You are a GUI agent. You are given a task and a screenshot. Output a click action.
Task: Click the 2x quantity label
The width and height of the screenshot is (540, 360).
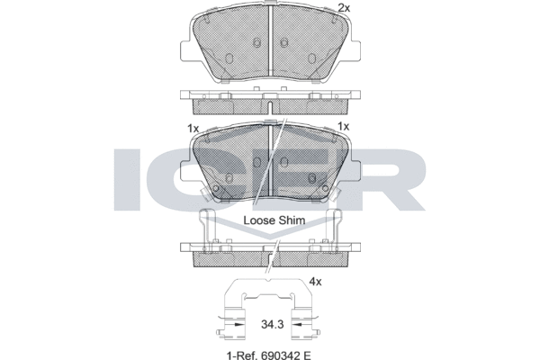(344, 7)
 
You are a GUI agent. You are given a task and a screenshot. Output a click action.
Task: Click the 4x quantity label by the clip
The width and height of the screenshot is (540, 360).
(315, 282)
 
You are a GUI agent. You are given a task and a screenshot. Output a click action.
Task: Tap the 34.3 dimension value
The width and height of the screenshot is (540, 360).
(272, 324)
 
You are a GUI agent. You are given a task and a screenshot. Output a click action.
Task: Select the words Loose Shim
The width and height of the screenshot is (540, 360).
(274, 220)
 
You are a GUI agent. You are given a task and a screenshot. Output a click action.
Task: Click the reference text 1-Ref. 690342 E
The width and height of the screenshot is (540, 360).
(268, 355)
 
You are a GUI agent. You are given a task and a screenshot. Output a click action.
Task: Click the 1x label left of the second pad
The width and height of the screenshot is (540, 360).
(193, 129)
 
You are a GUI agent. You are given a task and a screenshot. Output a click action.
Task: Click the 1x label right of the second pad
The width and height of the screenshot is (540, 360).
(344, 126)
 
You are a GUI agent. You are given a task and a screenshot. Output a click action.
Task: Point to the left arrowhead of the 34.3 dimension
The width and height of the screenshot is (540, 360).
(237, 325)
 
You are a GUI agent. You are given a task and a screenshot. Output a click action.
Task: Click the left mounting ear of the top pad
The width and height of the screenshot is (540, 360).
(186, 52)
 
